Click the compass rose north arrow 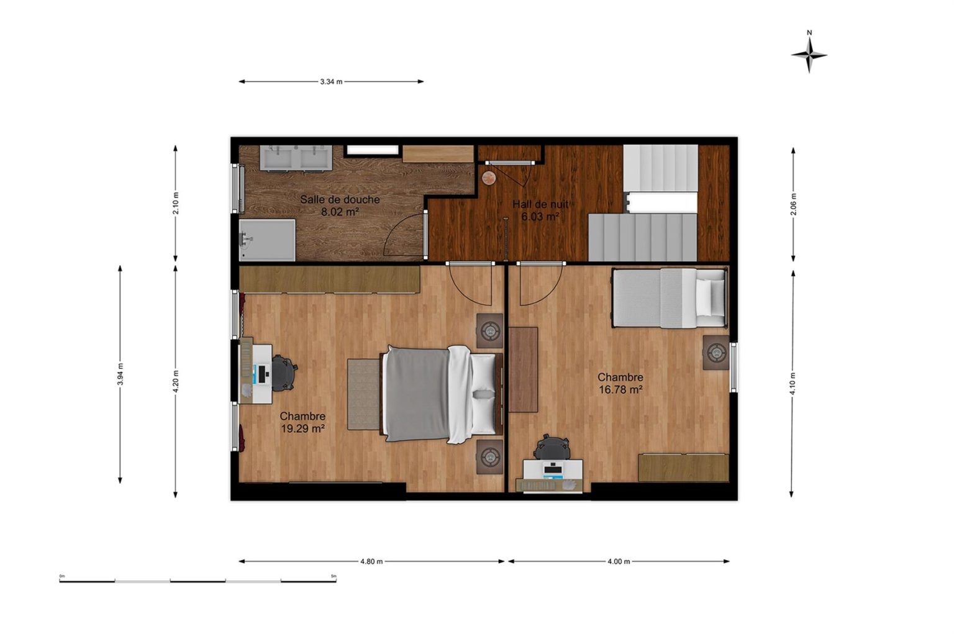point(809,55)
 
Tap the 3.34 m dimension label point(331,82)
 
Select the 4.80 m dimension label point(371,561)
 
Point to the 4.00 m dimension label point(619,561)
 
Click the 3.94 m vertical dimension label point(120,374)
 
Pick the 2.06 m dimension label point(793,204)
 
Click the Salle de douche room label point(340,199)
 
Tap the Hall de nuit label point(540,204)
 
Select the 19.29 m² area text point(303,428)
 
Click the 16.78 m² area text point(620,389)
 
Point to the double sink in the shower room point(296,158)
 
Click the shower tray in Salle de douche point(267,240)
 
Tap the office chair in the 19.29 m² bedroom point(283,373)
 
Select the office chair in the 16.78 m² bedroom point(552,447)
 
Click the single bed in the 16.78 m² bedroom point(669,297)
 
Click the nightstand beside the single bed point(716,352)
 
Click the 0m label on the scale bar point(61,576)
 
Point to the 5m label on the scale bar point(334,576)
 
